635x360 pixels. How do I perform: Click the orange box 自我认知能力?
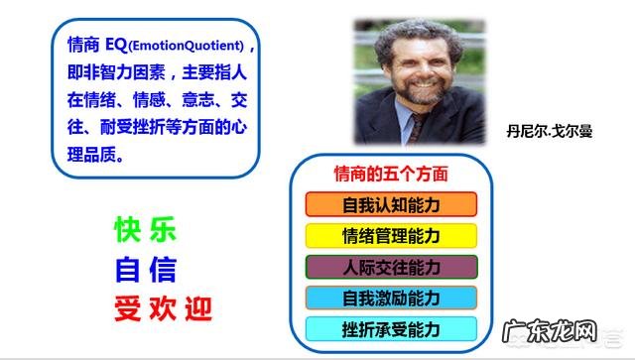tap(391, 205)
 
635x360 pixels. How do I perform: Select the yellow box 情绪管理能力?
tap(391, 236)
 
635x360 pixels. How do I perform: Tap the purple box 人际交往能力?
tap(391, 267)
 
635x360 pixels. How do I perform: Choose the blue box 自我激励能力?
tap(391, 298)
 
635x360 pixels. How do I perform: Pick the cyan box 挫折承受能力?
tap(391, 329)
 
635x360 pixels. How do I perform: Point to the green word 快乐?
tap(145, 230)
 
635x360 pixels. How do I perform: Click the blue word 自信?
tap(145, 268)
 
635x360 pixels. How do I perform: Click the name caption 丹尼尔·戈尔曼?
tap(549, 130)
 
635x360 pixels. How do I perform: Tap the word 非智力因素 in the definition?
tap(128, 73)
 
